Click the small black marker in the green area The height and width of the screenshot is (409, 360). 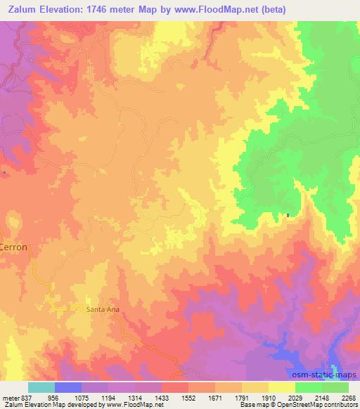click(x=288, y=215)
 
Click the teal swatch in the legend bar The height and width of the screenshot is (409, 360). click(x=41, y=387)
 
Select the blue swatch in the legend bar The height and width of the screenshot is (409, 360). click(x=68, y=387)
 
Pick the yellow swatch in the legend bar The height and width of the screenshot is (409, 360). click(x=282, y=387)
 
